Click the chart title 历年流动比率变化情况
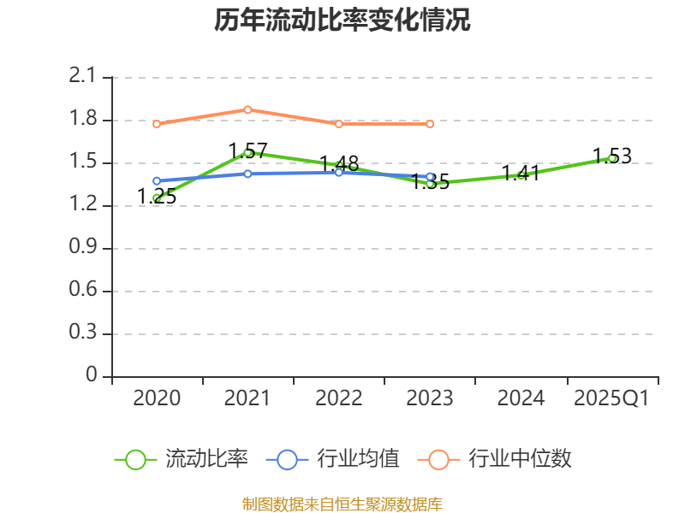tap(342, 21)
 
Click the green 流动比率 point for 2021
tap(247, 152)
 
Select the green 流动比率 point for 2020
tap(157, 198)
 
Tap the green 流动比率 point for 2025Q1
tap(612, 158)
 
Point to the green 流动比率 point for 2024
tap(521, 175)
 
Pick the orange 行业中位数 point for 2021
tap(247, 109)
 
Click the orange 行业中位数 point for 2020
tap(157, 124)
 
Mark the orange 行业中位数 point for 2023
tap(430, 124)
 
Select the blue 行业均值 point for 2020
tap(157, 181)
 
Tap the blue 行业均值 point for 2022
tap(339, 173)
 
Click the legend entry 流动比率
tap(182, 459)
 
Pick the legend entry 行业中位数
tap(494, 459)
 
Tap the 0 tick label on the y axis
tap(92, 376)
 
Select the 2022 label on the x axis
tap(339, 398)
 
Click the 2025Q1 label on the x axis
tap(611, 398)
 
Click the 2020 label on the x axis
tap(158, 398)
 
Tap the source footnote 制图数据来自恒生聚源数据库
tap(342, 504)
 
